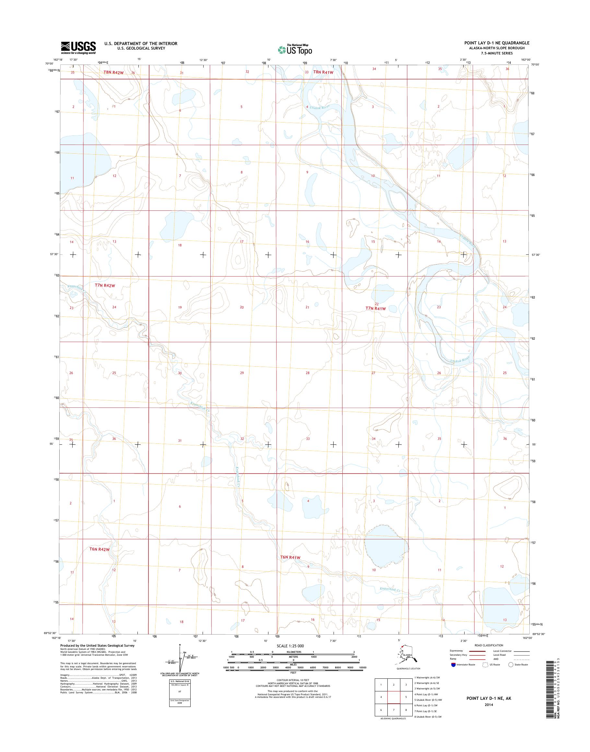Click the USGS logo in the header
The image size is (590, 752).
[78, 48]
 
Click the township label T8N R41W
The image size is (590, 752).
[323, 72]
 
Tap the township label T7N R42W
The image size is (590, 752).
[104, 286]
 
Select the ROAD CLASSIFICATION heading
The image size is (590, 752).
[489, 645]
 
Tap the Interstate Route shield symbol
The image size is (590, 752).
[453, 664]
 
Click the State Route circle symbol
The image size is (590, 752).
[511, 664]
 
